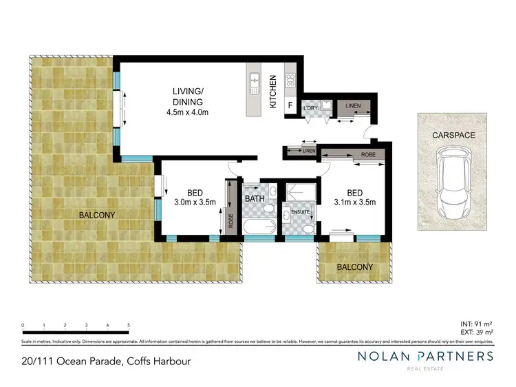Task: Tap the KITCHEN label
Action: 272,92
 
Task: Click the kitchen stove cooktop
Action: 290,80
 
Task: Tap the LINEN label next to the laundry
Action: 353,105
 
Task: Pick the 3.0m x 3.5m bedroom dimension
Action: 195,202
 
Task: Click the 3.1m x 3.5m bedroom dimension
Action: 354,202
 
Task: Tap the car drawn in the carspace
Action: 455,187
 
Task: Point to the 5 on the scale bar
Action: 129,324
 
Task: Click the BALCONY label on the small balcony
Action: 354,267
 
